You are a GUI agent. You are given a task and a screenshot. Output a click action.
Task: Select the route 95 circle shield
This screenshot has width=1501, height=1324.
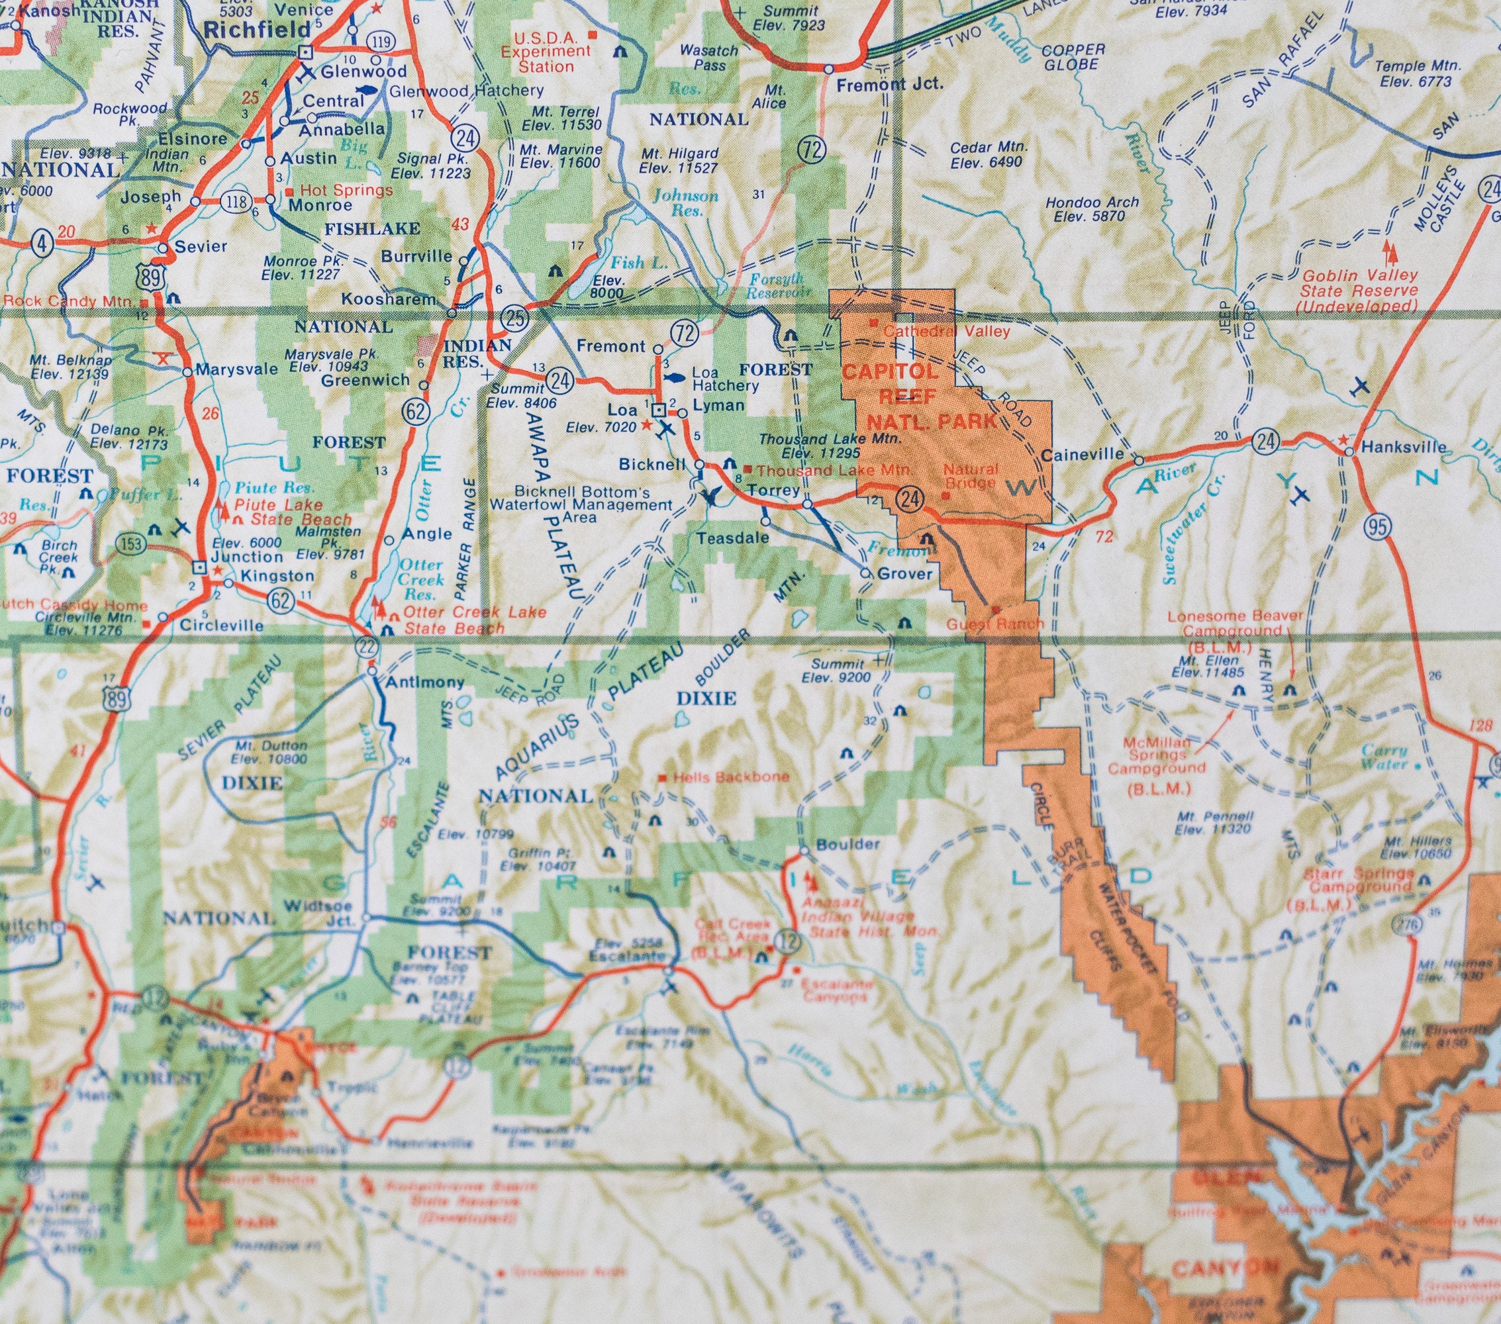tap(1379, 526)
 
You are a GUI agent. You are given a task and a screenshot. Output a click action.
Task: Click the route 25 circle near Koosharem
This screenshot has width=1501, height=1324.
tap(514, 318)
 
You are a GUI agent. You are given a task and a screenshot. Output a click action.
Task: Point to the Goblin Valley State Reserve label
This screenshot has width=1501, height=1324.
tap(1359, 290)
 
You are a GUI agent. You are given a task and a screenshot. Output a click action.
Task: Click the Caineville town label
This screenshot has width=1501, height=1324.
tap(1083, 455)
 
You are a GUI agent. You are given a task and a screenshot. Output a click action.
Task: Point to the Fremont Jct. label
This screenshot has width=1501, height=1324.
tap(890, 83)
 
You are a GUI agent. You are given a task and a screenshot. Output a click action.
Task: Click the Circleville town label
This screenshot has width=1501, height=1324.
tap(222, 626)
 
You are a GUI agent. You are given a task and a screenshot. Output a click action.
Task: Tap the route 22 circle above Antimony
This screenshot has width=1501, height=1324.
tap(367, 646)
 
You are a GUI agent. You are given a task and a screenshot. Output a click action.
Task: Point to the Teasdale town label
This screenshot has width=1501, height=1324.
tap(733, 538)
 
